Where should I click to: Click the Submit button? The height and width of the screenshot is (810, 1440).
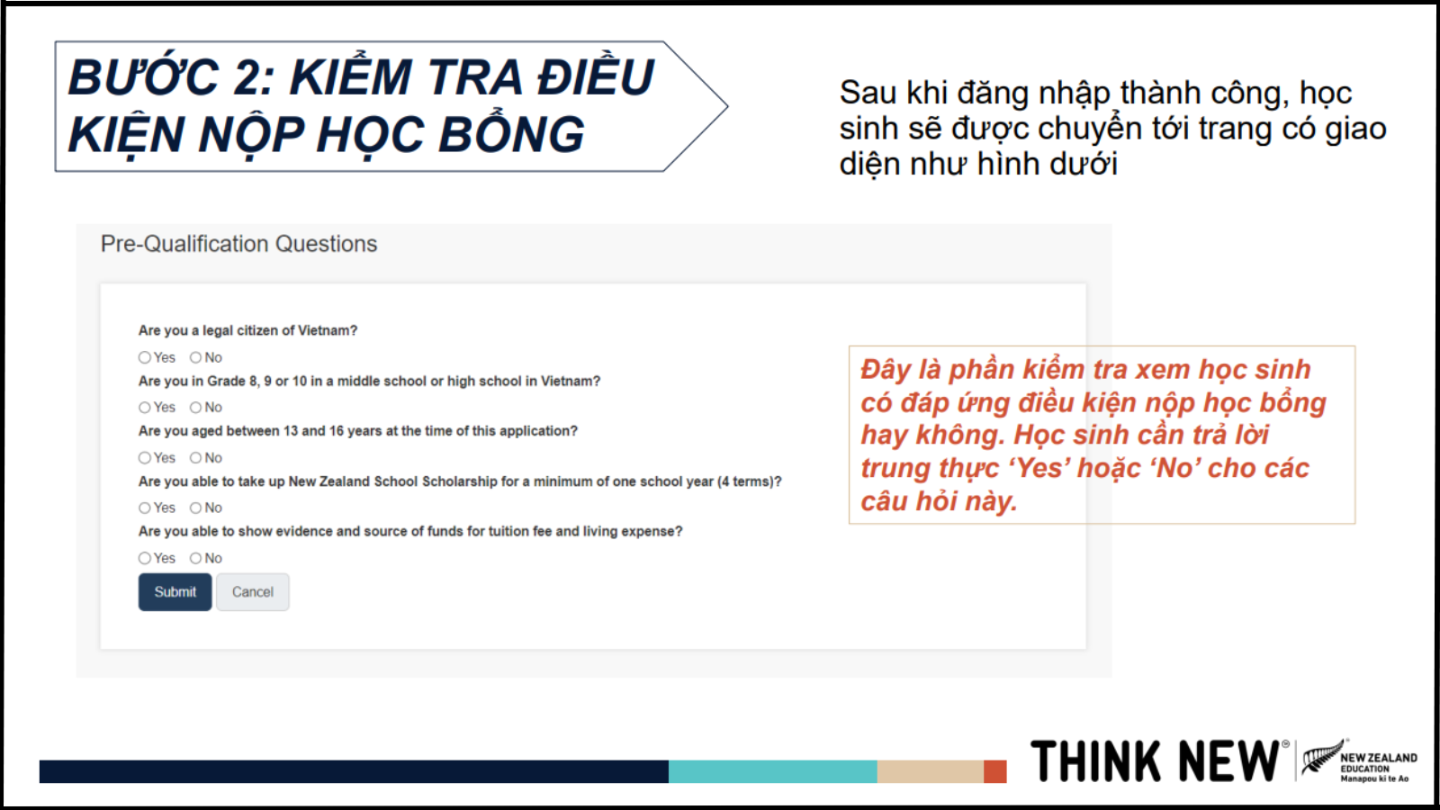(175, 591)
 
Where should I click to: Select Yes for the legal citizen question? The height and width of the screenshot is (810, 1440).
(145, 357)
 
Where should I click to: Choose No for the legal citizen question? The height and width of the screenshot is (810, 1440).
(195, 357)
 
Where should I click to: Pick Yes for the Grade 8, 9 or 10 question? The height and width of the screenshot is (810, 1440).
(145, 408)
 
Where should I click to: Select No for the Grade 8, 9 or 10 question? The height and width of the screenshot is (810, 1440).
(195, 408)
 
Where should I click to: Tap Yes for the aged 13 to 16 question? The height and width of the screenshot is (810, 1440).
(145, 458)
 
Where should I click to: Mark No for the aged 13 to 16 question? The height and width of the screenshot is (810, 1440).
(195, 458)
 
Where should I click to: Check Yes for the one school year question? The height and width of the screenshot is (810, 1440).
(145, 508)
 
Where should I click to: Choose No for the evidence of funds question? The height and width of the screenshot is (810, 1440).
(195, 558)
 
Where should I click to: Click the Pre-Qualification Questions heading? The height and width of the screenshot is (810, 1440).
(238, 244)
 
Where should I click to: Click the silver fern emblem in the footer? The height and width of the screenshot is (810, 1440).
(1322, 759)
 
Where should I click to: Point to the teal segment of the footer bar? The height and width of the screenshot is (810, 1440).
(773, 771)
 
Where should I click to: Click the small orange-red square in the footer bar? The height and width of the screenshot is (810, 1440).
(995, 771)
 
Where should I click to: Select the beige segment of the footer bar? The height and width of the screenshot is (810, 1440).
(931, 771)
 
